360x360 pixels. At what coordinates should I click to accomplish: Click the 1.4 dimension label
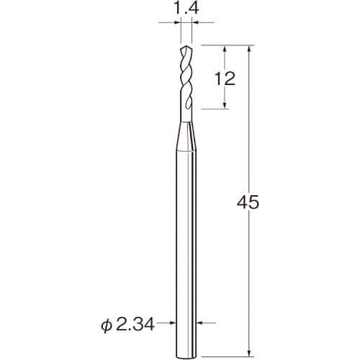click(186, 9)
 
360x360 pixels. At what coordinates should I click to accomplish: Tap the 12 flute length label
click(225, 78)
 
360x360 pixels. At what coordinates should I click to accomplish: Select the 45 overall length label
click(248, 202)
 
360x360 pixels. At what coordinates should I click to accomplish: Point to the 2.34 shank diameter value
click(135, 325)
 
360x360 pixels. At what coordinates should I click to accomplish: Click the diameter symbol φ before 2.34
click(106, 325)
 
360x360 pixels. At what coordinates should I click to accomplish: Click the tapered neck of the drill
click(186, 136)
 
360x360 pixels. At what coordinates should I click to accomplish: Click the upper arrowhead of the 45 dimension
click(249, 49)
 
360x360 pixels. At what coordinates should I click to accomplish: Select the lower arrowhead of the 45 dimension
click(249, 353)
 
